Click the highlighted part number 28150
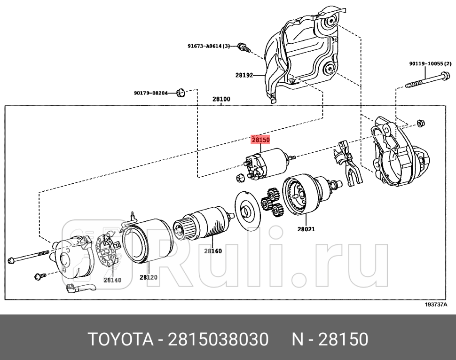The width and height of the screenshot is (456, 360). [260, 140]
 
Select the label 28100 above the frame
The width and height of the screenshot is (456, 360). [221, 100]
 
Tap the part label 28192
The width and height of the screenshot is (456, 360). [244, 75]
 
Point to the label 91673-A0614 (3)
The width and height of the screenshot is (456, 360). [209, 46]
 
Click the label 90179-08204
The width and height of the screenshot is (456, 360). [154, 93]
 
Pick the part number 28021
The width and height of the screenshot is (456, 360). [306, 229]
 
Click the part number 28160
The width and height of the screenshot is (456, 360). [212, 251]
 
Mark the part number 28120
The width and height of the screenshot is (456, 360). [148, 277]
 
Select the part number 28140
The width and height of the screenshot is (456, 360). [112, 280]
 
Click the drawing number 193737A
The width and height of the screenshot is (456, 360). [436, 305]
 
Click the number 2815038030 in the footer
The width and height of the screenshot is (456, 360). [218, 339]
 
